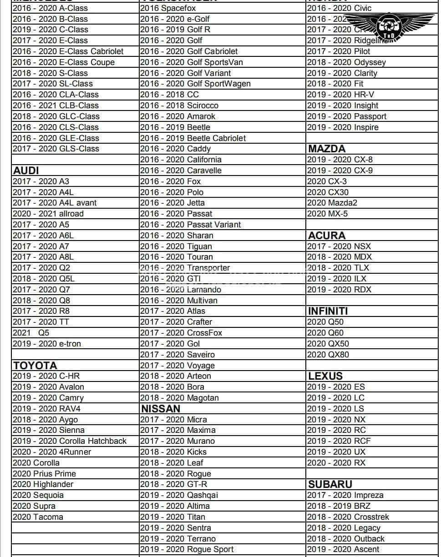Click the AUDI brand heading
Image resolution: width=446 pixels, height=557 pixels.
tap(26, 171)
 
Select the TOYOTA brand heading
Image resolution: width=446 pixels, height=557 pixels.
tap(35, 366)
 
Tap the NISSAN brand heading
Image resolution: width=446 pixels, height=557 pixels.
tap(161, 409)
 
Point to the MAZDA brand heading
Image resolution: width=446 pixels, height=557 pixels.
tap(327, 149)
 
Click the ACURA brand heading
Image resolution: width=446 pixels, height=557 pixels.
tap(327, 236)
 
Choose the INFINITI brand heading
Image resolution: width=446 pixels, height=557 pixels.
tap(328, 311)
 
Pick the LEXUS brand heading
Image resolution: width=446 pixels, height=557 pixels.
tap(325, 376)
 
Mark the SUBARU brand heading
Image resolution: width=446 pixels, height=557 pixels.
tap(330, 484)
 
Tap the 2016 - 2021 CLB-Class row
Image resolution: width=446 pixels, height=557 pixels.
tap(56, 105)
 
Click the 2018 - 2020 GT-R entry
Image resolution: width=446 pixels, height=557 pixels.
tap(173, 484)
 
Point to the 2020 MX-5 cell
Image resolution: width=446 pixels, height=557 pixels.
tap(327, 214)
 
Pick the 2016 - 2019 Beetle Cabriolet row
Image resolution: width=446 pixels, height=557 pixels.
tap(193, 138)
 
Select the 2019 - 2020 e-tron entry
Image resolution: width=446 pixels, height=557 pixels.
tap(46, 344)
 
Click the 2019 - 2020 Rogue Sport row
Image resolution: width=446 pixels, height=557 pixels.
tap(187, 549)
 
